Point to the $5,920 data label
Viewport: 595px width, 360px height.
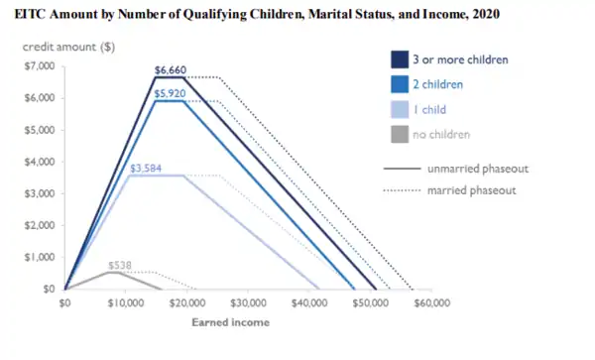[x=171, y=92]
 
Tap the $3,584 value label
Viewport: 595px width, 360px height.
[x=147, y=168]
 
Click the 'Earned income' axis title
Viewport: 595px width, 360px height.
[x=229, y=322]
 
